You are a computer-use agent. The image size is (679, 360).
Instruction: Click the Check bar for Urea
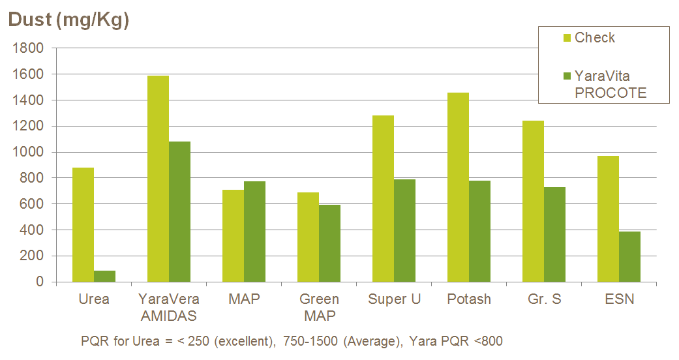83,225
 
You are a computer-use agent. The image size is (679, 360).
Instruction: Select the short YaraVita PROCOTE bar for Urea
104,277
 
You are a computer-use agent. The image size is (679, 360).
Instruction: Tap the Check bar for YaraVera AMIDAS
158,179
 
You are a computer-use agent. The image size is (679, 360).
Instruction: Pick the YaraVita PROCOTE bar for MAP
254,232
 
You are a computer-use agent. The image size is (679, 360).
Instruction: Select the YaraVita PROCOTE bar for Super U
404,231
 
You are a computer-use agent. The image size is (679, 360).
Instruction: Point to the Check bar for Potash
458,187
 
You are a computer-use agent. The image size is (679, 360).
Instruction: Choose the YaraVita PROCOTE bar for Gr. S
554,235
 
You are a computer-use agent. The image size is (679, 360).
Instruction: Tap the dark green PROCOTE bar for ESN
629,257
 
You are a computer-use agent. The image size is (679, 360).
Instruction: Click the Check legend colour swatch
566,38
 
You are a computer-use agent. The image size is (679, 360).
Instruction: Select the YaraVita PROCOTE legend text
611,85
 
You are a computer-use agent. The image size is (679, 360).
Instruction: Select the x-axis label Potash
469,299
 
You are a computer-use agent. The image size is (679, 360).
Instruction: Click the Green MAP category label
319,308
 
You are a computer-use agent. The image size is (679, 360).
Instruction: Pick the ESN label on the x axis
619,299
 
